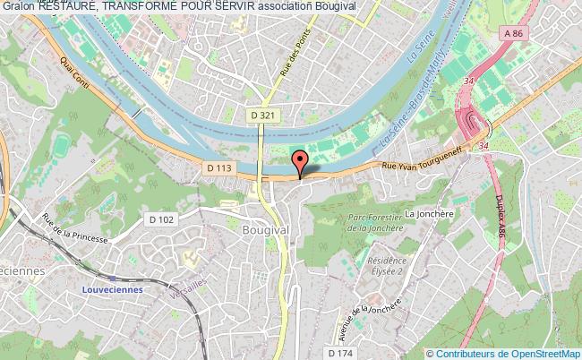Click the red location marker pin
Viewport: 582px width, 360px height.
coord(300,161)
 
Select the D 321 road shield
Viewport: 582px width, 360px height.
coord(259,116)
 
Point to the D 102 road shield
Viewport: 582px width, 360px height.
coord(160,219)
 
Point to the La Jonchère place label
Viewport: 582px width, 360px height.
coord(426,214)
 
